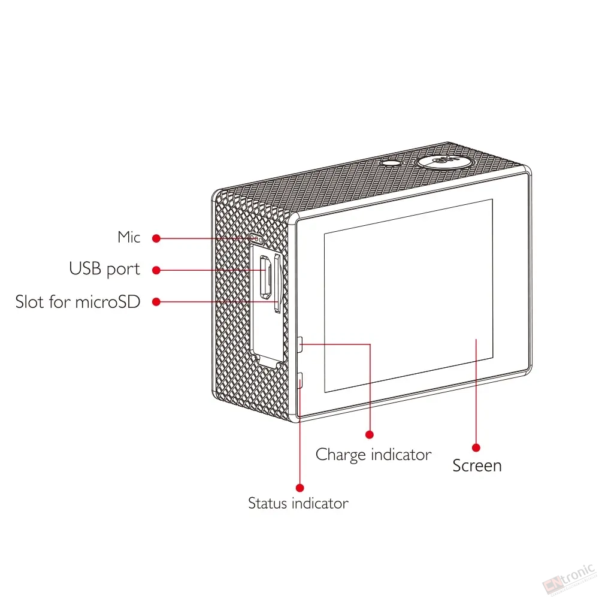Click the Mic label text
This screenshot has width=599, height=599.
[x=129, y=237]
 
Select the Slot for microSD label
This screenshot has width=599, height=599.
[x=78, y=302]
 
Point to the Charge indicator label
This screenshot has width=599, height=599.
[x=373, y=455]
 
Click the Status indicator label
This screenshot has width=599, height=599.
[x=298, y=503]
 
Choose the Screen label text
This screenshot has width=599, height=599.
[x=477, y=465]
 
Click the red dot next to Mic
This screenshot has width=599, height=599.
[x=156, y=238]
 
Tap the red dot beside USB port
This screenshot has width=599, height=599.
[x=156, y=270]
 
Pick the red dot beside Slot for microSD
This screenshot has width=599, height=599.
[x=156, y=302]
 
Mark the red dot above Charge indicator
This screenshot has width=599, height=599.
[x=370, y=434]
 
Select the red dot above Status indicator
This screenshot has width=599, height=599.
[x=300, y=488]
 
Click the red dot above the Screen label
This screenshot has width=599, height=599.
[x=476, y=447]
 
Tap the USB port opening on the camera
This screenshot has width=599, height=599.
[x=266, y=277]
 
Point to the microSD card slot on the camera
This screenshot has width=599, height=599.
[x=278, y=283]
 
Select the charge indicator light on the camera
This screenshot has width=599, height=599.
[x=300, y=344]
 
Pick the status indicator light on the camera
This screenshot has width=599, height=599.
[x=300, y=380]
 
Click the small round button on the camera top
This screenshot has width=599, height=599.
[x=391, y=164]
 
